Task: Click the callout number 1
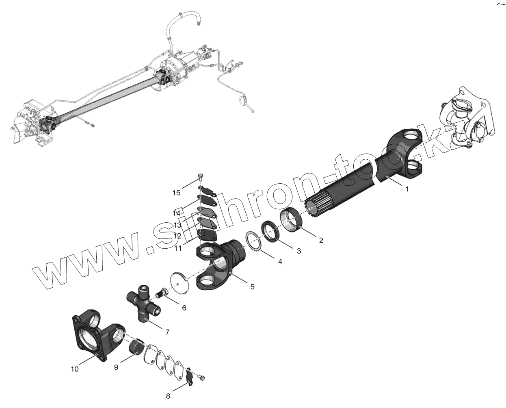pos(407,189)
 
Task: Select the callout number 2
pos(321,240)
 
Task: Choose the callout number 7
pos(167,332)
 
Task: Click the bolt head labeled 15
pos(201,176)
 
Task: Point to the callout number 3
pos(299,251)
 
